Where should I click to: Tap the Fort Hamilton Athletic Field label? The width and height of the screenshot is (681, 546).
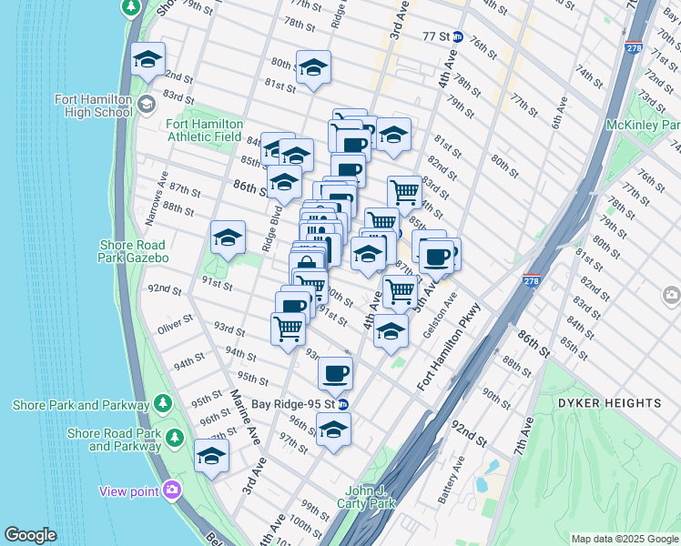click(205, 130)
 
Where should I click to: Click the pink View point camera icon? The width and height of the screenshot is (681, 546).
click(171, 491)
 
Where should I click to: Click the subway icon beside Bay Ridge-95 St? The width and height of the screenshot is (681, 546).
click(343, 404)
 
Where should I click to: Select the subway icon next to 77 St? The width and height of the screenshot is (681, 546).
click(458, 37)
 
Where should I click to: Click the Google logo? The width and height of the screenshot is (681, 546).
click(30, 535)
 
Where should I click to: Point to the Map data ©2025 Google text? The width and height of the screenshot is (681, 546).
click(624, 539)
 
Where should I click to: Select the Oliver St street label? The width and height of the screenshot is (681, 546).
click(176, 320)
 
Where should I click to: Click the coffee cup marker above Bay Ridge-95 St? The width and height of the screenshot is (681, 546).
click(335, 371)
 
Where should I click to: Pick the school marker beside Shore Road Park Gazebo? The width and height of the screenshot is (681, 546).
click(228, 238)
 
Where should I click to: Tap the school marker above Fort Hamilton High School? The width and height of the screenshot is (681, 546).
click(147, 60)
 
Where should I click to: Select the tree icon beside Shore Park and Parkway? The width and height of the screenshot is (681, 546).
click(162, 402)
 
